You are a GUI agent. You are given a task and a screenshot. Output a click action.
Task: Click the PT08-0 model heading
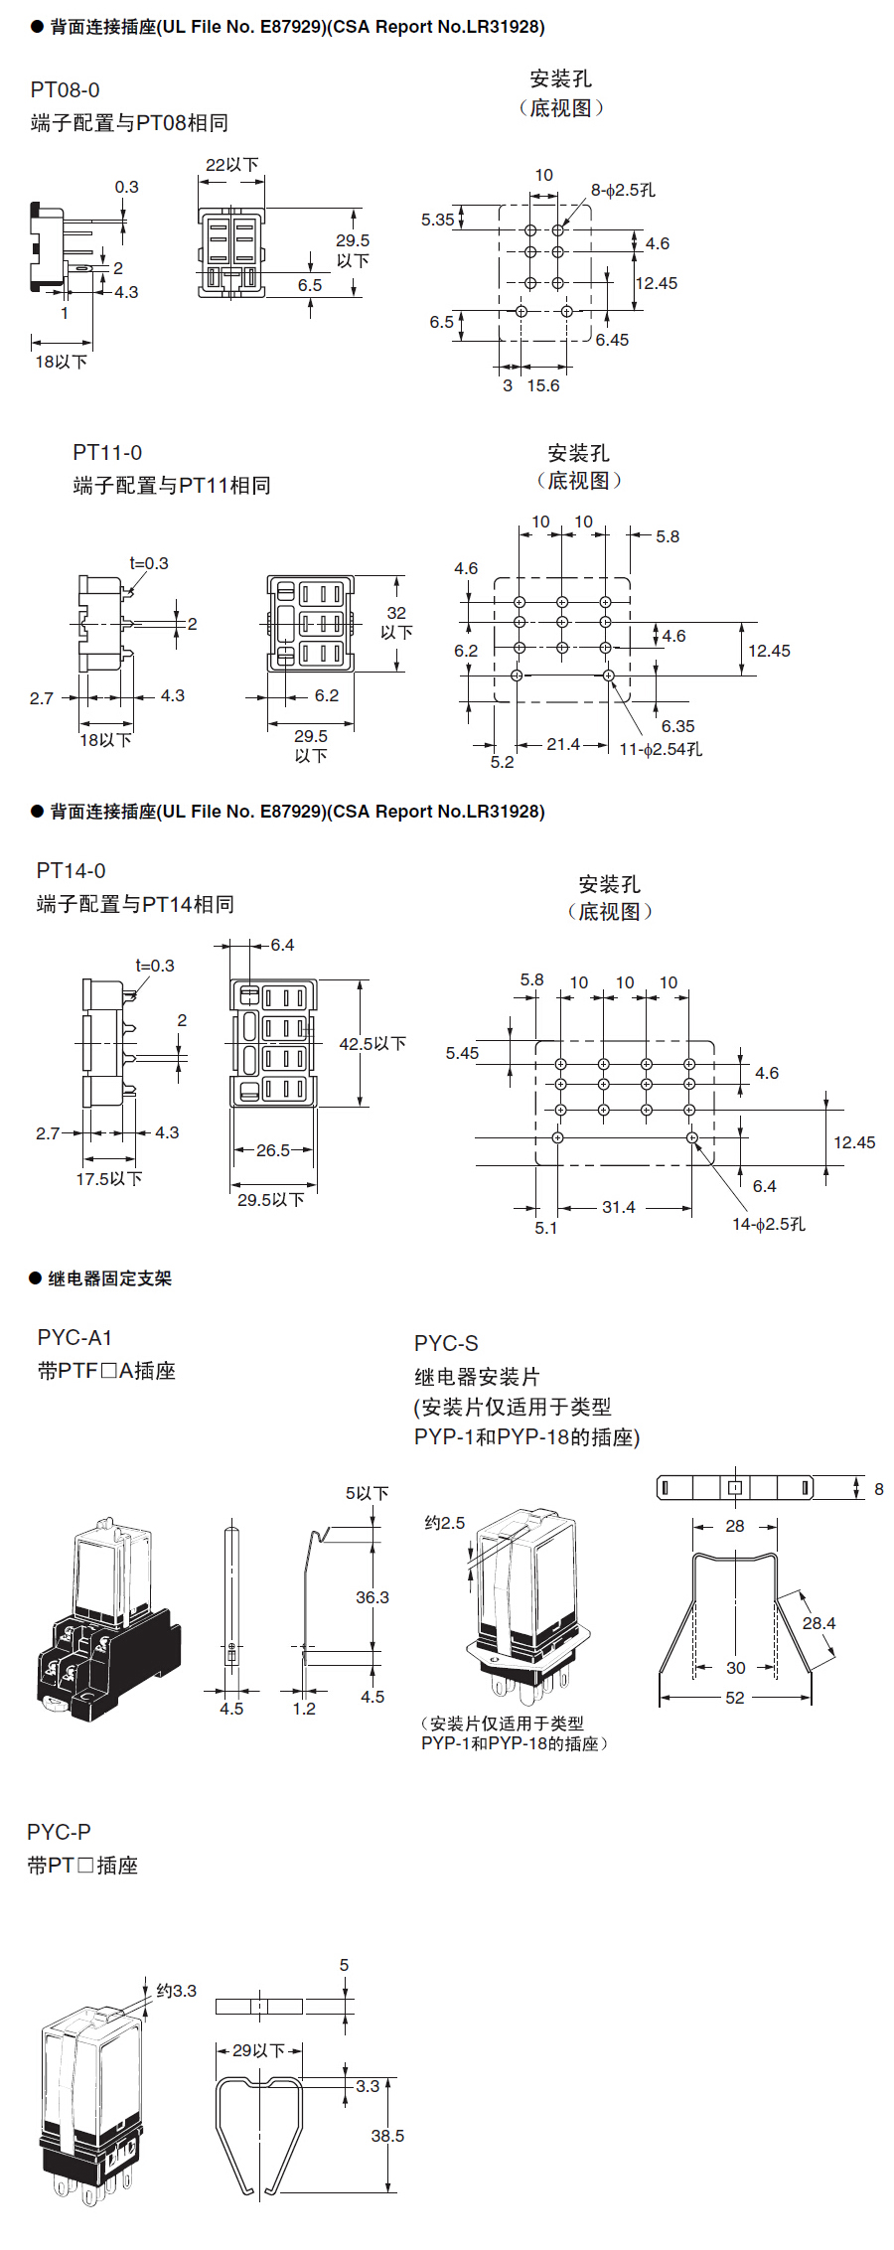[x=65, y=90]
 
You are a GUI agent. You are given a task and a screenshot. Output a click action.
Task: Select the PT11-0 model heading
[x=107, y=453]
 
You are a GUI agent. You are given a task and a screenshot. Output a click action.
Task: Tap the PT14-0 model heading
[x=71, y=871]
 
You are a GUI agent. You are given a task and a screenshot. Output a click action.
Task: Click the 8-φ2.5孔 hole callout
[x=623, y=190]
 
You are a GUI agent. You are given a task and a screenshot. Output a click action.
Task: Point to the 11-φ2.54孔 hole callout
[x=661, y=749]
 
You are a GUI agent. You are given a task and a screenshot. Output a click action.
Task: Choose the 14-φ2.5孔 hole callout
[x=769, y=1224]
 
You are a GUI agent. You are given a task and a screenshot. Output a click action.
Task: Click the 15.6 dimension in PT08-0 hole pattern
[x=542, y=385]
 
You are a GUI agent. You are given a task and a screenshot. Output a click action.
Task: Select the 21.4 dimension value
[x=563, y=744]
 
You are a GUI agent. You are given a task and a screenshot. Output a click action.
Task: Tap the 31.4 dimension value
[x=618, y=1207]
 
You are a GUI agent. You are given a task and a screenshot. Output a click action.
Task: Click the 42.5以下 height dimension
[x=372, y=1044]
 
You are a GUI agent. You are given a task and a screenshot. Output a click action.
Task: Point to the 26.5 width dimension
[x=273, y=1150]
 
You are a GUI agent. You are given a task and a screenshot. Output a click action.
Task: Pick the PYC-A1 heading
[x=75, y=1338]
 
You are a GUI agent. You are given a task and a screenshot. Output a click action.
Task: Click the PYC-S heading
[x=446, y=1344]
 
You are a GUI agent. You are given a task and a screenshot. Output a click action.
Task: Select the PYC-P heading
[x=59, y=1832]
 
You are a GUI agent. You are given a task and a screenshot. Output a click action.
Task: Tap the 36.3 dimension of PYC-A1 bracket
[x=372, y=1597]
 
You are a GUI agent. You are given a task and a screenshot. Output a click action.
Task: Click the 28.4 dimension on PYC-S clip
[x=819, y=1623]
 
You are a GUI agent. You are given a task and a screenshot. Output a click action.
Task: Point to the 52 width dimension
[x=735, y=1698]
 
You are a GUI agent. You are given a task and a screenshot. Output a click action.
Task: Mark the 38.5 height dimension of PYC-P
[x=387, y=2135]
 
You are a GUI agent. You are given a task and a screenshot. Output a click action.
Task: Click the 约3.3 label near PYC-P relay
[x=177, y=1991]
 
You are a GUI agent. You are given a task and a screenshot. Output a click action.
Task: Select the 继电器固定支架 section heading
[x=110, y=1278]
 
